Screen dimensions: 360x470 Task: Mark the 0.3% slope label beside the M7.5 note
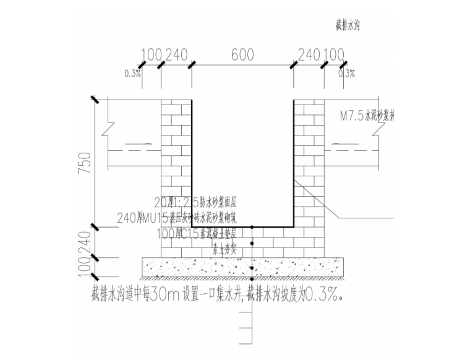click(x=346, y=74)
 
